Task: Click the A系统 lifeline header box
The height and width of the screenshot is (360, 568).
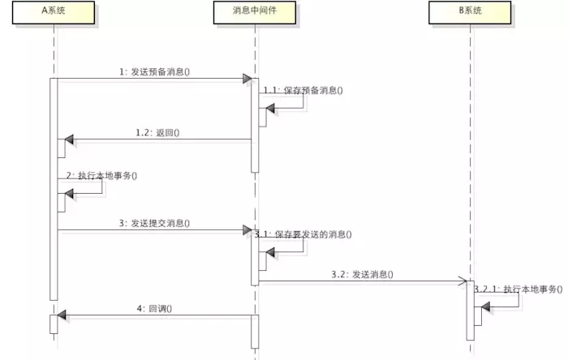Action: tap(54, 13)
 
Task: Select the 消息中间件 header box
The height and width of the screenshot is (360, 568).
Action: tap(255, 13)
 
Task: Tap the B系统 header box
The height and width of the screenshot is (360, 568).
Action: tap(470, 13)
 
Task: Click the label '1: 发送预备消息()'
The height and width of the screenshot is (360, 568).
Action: tap(155, 71)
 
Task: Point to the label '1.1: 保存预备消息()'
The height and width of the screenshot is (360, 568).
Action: tap(303, 90)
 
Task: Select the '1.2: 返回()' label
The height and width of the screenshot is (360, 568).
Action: tap(157, 133)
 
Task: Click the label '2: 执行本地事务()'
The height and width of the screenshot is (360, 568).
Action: tap(101, 176)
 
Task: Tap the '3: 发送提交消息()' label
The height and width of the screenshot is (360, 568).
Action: tap(155, 223)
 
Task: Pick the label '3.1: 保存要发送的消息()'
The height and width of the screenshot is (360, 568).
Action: tap(303, 234)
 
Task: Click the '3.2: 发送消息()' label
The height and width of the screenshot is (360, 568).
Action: tap(362, 274)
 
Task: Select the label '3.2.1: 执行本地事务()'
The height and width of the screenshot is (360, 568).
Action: tap(519, 289)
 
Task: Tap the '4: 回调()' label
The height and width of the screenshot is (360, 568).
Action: tap(154, 309)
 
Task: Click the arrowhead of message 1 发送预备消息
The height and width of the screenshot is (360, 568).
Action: tap(247, 79)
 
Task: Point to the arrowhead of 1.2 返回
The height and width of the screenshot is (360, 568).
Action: tap(69, 139)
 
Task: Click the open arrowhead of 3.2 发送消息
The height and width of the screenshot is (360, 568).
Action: tap(463, 281)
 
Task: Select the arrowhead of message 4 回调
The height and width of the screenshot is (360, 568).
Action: tap(62, 315)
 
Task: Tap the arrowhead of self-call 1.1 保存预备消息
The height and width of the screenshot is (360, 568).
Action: tap(270, 108)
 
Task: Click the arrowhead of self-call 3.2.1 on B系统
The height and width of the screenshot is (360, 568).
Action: tap(486, 307)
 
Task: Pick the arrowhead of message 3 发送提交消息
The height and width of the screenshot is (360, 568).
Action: tap(247, 229)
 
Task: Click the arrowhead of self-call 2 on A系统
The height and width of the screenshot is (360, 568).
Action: tap(69, 194)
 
